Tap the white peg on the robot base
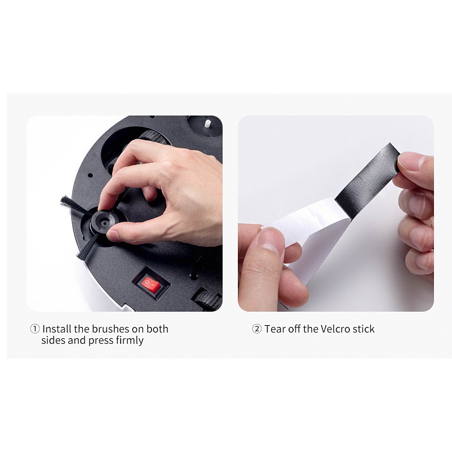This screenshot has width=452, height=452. point(207,125)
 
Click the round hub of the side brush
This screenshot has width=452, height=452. point(104,222)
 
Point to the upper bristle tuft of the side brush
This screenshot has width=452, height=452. point(73,205)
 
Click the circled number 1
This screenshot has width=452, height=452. point(35,329)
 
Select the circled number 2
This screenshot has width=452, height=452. point(257,329)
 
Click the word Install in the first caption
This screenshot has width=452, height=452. point(57,329)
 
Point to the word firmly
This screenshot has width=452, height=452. point(130,341)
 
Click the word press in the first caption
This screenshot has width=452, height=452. point(101,341)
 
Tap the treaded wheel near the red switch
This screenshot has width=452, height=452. point(207,298)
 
